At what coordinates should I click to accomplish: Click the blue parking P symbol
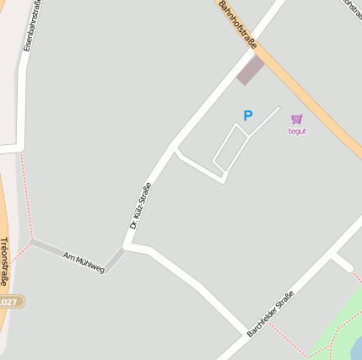(x=247, y=116)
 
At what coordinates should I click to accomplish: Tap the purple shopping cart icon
(x=296, y=119)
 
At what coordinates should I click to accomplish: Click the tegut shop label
(x=297, y=132)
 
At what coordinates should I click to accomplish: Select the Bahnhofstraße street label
(x=237, y=23)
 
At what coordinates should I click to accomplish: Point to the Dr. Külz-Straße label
(x=139, y=207)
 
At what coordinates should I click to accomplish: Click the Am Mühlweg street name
(x=84, y=262)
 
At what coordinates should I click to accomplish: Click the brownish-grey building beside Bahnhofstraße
(x=250, y=70)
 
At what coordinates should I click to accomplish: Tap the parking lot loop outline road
(x=230, y=148)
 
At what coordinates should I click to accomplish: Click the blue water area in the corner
(x=356, y=347)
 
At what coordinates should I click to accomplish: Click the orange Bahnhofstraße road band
(x=321, y=110)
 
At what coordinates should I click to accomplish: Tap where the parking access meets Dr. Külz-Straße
(x=175, y=151)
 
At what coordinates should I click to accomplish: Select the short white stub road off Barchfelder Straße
(x=343, y=263)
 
